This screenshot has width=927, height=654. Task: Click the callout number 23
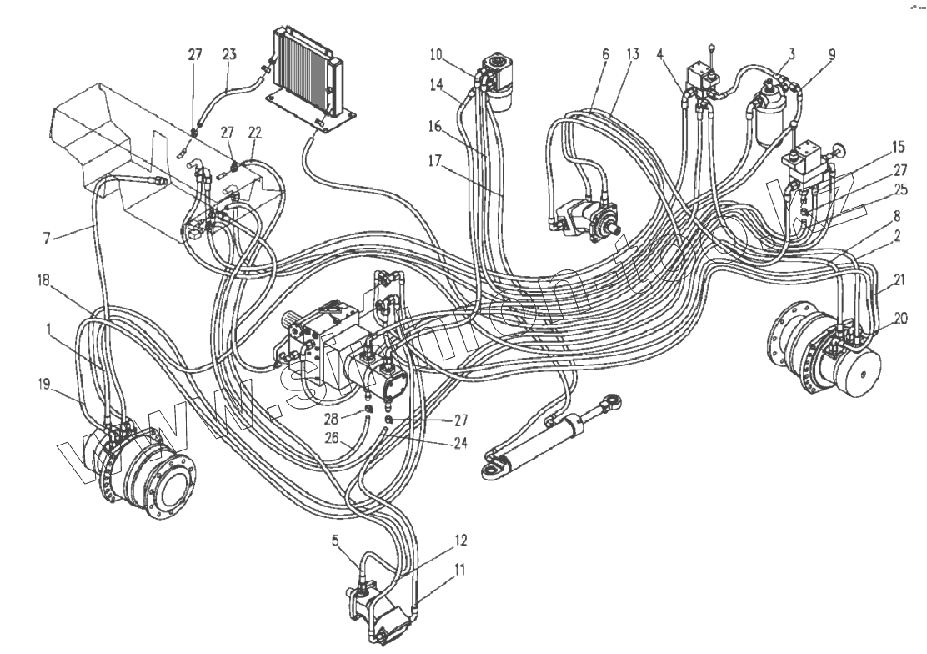[229, 54]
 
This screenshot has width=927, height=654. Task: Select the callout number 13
[633, 55]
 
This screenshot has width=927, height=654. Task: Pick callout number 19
[46, 384]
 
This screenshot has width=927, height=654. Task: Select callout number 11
[460, 571]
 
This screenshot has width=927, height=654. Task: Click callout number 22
[254, 133]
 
